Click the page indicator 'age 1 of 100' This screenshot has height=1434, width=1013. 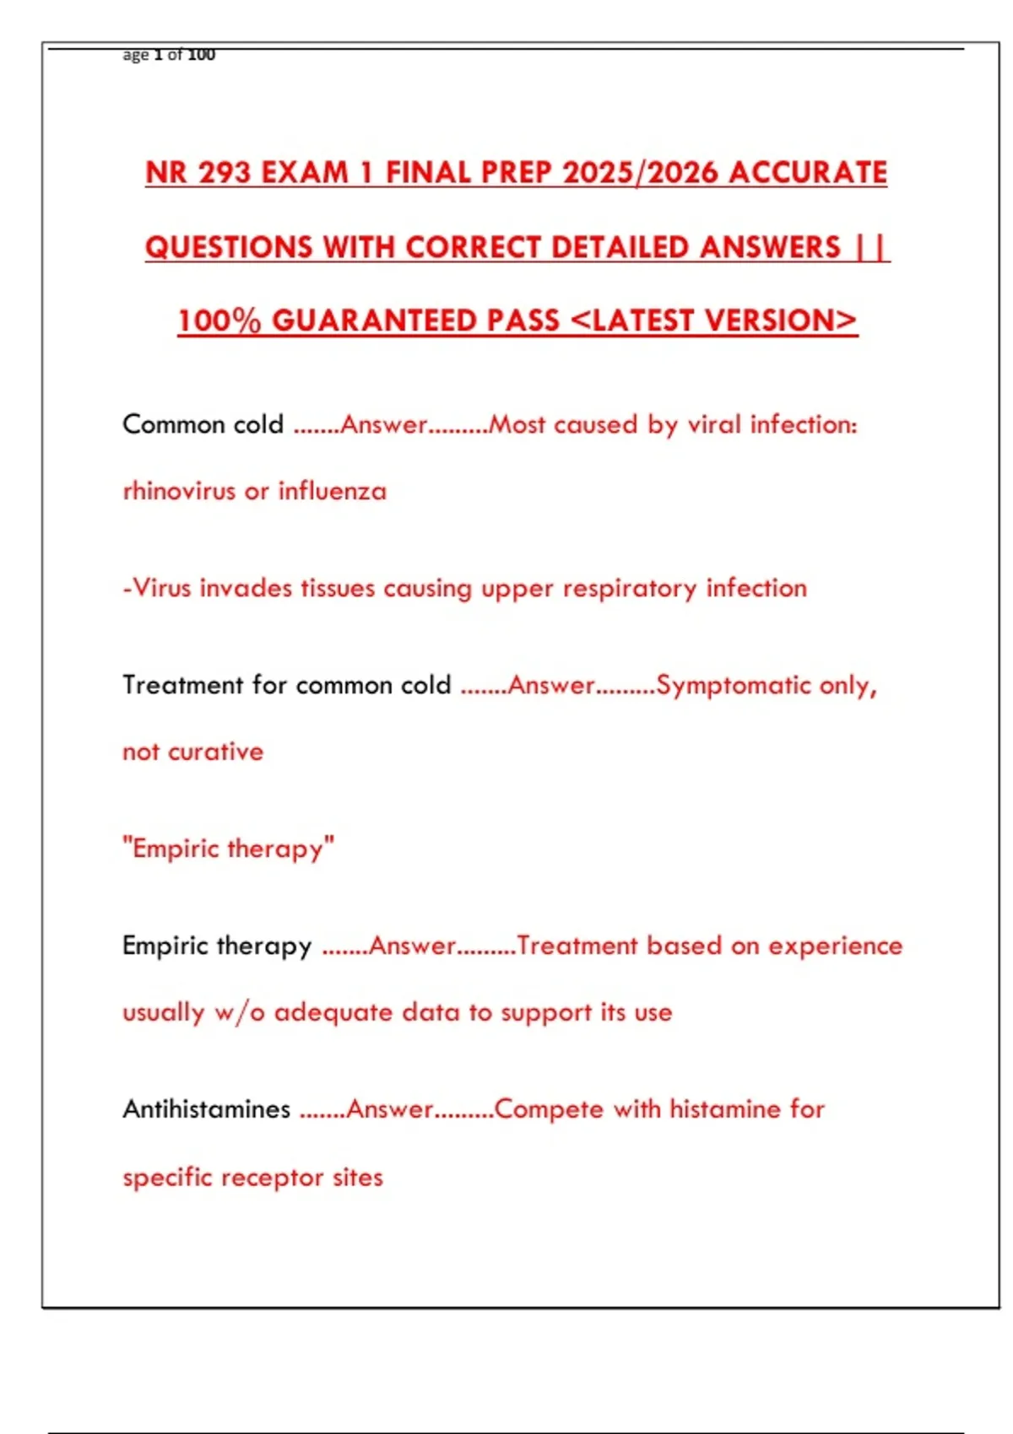[169, 55]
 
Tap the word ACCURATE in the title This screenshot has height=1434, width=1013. [808, 173]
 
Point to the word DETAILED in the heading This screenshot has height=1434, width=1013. [620, 247]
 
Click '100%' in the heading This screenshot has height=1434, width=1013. [219, 321]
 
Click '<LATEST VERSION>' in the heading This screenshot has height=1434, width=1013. [713, 321]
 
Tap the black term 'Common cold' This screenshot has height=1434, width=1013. [203, 423]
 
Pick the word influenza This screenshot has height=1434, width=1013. [333, 491]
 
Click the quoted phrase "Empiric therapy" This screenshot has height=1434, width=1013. [229, 848]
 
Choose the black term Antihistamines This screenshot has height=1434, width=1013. [206, 1108]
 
